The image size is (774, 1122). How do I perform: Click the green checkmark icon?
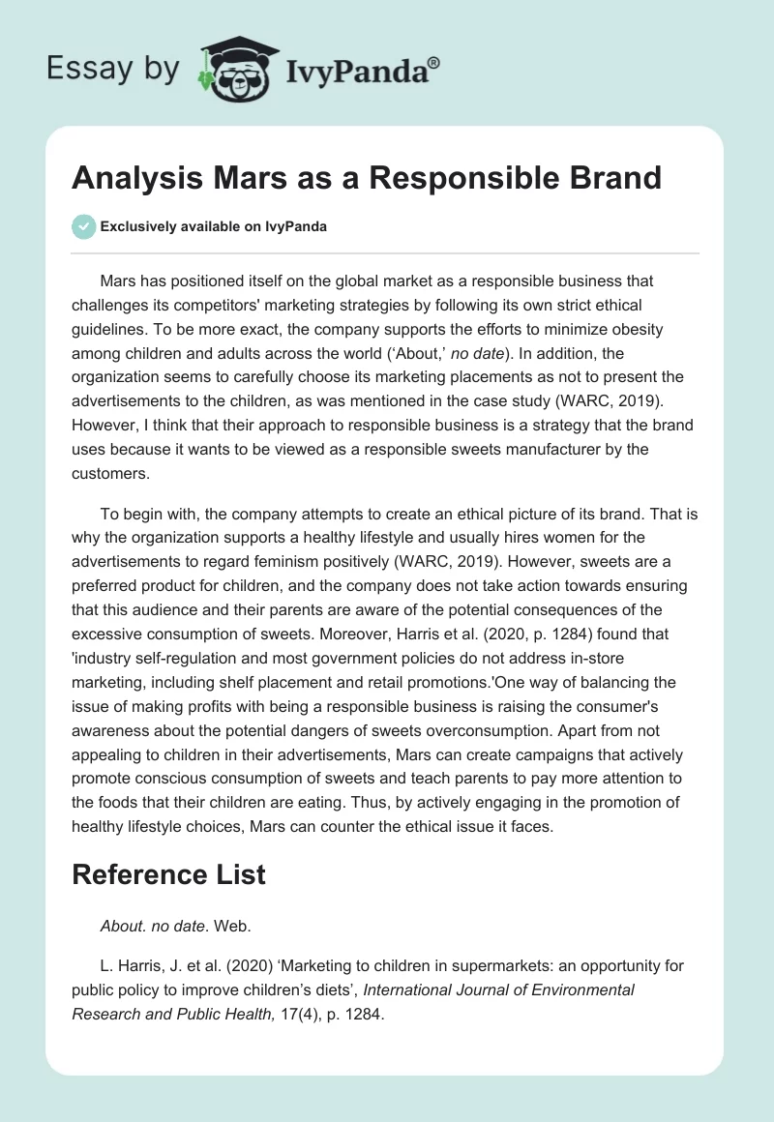point(83,226)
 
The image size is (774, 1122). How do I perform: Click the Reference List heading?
point(168,875)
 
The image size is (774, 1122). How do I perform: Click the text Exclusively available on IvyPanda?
point(213,226)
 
